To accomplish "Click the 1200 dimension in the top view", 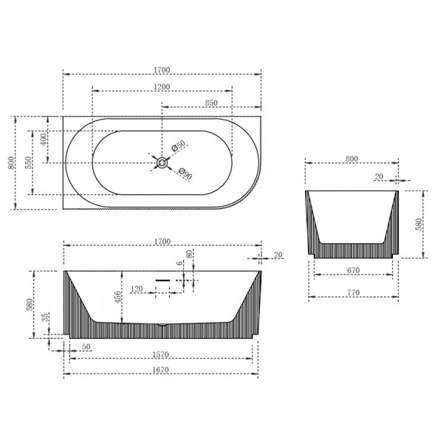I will tap(162, 86).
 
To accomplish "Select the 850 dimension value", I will tap(210, 103).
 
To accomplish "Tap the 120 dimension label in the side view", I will tap(137, 289).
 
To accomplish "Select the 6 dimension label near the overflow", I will tap(179, 264).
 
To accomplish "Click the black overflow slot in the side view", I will tap(162, 280).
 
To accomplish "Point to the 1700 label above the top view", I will tap(162, 70).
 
